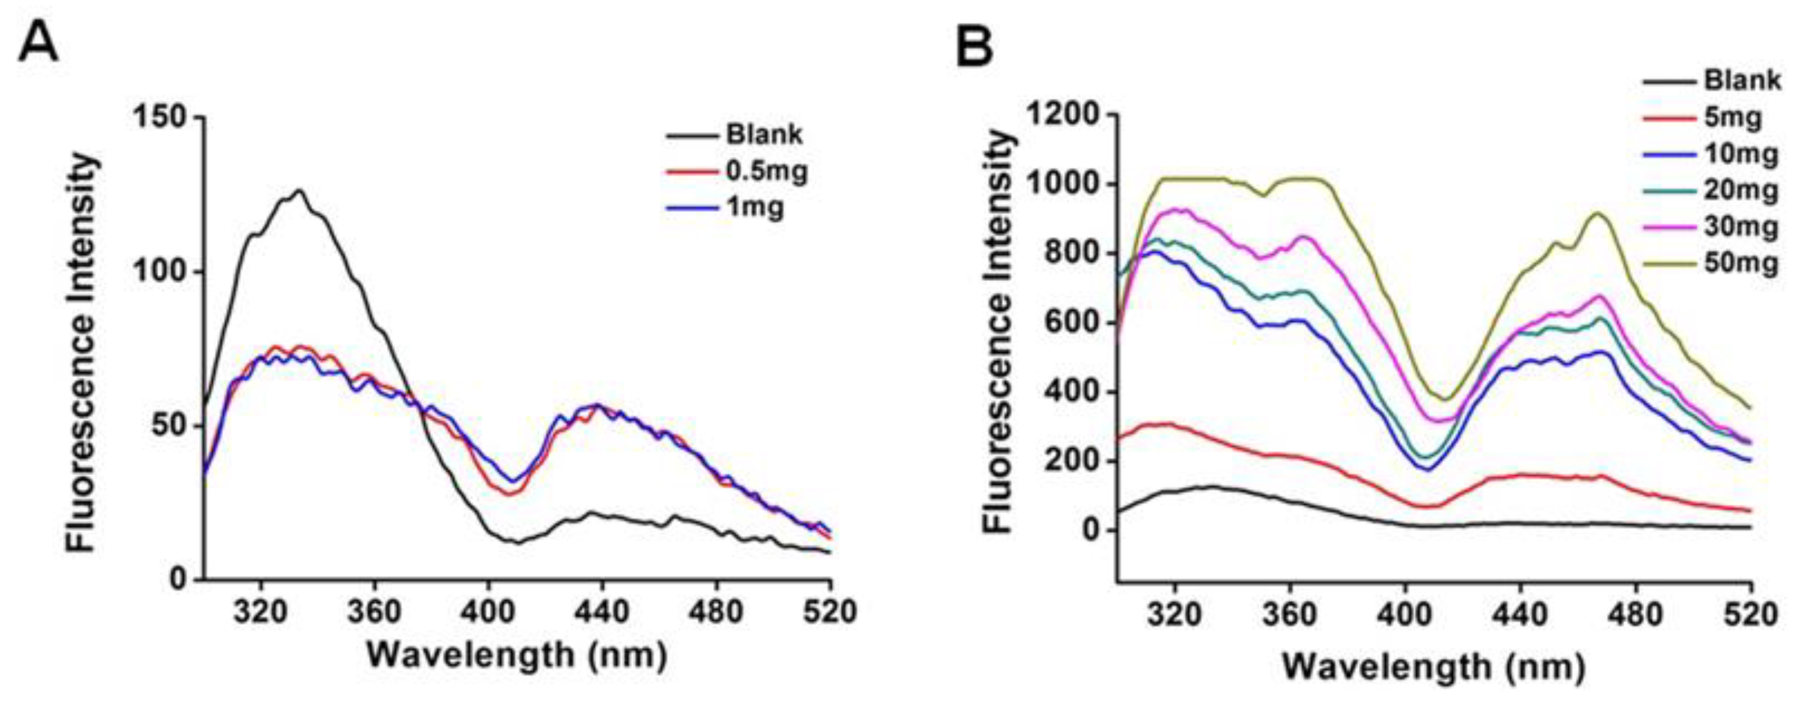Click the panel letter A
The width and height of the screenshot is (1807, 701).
coord(39,44)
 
